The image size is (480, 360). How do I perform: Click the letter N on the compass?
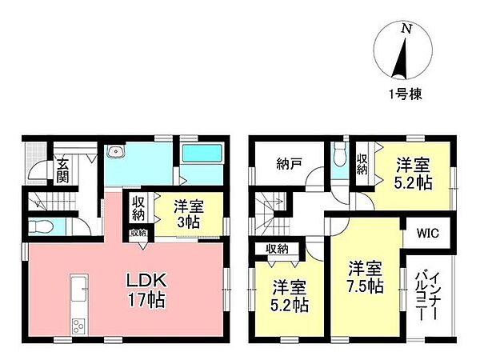pos(406,29)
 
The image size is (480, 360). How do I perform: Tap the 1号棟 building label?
pos(406,94)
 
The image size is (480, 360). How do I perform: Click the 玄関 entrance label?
pos(62,171)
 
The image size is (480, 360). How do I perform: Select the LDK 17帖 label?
pos(146,290)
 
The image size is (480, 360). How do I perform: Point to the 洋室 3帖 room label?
pos(189,214)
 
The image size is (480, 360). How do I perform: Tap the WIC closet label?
pos(427,234)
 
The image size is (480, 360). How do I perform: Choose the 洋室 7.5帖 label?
pos(366,278)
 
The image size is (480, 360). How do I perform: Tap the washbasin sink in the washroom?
pos(116,151)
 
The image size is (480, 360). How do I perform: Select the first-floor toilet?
pos(41,227)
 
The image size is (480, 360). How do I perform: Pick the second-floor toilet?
pos(339,154)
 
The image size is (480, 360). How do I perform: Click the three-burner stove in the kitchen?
pos(78,326)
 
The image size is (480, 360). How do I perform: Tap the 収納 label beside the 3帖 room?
pos(138,208)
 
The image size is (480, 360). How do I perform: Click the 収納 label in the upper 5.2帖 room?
pos(362,164)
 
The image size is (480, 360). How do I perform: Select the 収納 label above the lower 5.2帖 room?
pos(277,249)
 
